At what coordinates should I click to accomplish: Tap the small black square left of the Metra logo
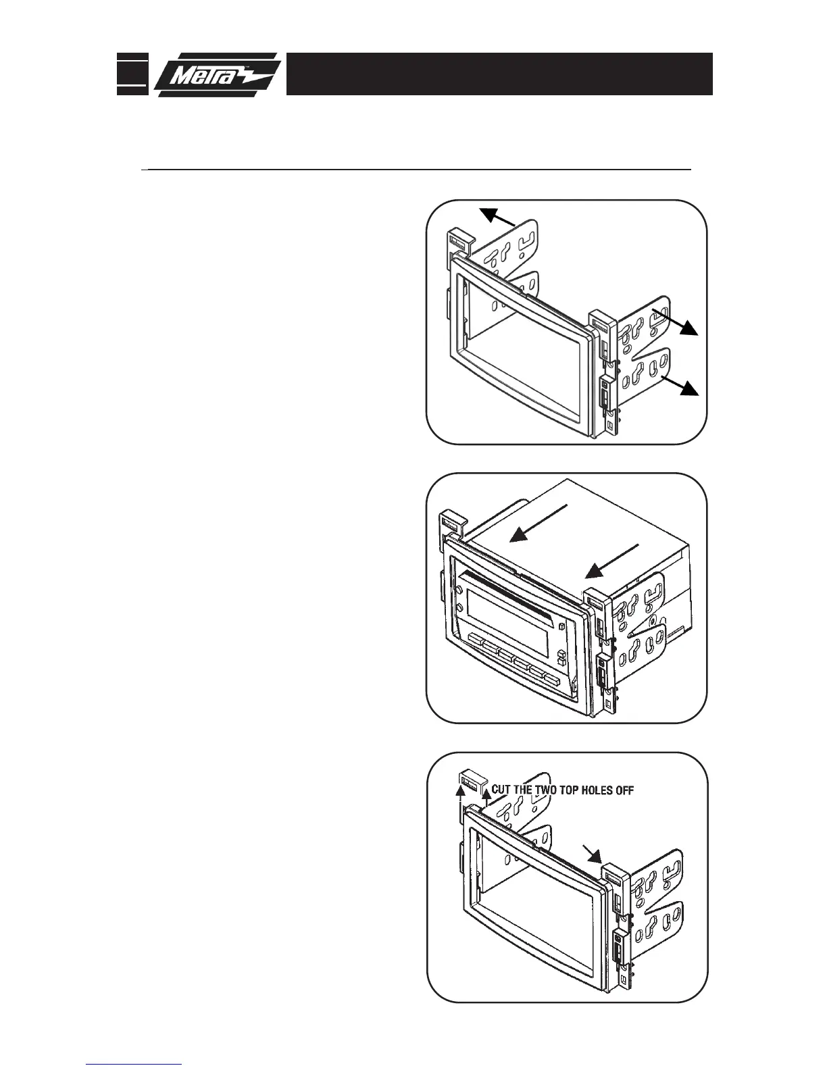131,73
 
